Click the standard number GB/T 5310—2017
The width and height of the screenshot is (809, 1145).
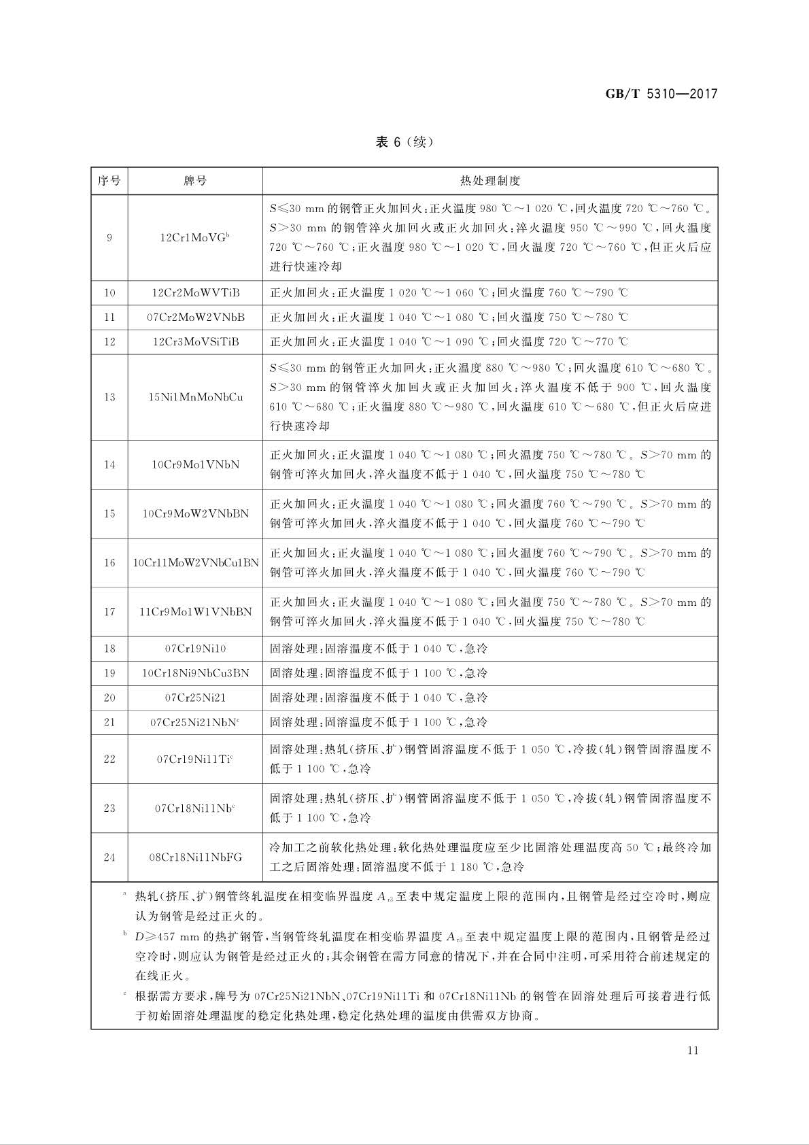[661, 94]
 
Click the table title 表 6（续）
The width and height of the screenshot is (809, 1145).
[404, 142]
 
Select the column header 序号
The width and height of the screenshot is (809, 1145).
[109, 181]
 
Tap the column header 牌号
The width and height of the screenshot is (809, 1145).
[195, 181]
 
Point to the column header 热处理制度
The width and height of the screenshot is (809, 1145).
[489, 181]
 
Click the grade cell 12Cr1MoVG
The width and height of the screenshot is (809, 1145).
[195, 237]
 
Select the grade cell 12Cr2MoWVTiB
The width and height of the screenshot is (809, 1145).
[195, 293]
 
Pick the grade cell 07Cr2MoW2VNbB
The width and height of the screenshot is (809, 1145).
[195, 318]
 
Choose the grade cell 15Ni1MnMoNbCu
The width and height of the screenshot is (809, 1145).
[195, 397]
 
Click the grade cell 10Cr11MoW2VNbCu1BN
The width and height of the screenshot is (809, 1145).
[195, 563]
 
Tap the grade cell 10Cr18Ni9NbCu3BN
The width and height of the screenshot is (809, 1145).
[195, 673]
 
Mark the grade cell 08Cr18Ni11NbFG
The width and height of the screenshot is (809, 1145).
[195, 857]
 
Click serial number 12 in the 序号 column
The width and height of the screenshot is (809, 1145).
[109, 342]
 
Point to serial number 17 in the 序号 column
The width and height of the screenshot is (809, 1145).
[109, 612]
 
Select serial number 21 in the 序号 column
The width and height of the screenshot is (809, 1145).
[109, 722]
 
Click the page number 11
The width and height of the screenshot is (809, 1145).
[693, 1050]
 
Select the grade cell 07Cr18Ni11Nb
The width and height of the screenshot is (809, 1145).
[195, 808]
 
